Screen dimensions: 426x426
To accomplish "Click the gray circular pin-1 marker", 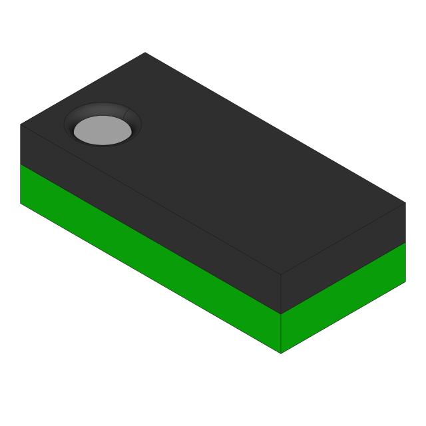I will pyautogui.click(x=102, y=130).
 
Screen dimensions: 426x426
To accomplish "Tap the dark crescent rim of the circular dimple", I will pyautogui.click(x=103, y=110).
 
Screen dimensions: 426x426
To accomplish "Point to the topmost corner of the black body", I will pyautogui.click(x=145, y=53).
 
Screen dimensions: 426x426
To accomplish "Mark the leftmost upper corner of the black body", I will pyautogui.click(x=21, y=124).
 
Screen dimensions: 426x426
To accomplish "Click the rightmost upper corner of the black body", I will pyautogui.click(x=405, y=203).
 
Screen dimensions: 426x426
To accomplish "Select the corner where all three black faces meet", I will pyautogui.click(x=281, y=274).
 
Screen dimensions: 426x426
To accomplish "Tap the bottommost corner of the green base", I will pyautogui.click(x=281, y=353).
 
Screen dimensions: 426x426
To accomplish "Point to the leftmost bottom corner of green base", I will pyautogui.click(x=21, y=203).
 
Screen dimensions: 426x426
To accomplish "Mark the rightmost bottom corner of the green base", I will pyautogui.click(x=405, y=282).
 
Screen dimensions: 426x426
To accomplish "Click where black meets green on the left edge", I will pyautogui.click(x=21, y=164).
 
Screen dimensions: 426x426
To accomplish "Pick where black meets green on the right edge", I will pyautogui.click(x=405, y=242).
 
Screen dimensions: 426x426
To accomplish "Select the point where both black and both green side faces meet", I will pyautogui.click(x=281, y=314).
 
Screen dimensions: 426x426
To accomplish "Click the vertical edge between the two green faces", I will pyautogui.click(x=281, y=333).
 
